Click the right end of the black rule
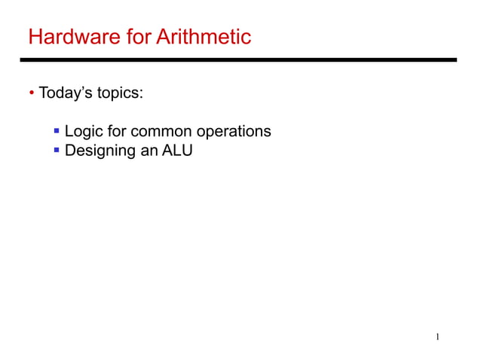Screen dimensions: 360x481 (x=455, y=59)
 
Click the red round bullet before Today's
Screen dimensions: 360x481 (x=32, y=94)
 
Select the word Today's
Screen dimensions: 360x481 (x=66, y=94)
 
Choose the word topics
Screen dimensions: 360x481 (x=118, y=95)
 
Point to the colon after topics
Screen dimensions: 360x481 (x=141, y=96)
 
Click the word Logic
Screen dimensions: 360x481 (x=83, y=132)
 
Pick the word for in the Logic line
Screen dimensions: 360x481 (x=116, y=131)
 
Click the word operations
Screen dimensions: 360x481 (x=234, y=132)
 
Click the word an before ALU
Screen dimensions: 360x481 (x=149, y=151)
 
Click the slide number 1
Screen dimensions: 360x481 (x=437, y=336)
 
